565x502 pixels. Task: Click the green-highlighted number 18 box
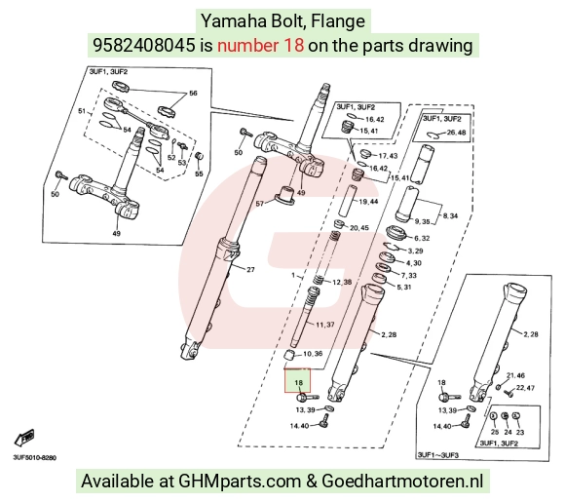tap(297, 380)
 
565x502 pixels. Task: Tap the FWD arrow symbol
tap(24, 439)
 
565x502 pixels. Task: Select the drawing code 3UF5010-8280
tap(35, 458)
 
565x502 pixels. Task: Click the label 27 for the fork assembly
tap(250, 269)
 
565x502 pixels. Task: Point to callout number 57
tap(260, 204)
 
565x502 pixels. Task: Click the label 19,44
tap(368, 201)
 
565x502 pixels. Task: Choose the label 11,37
tap(325, 325)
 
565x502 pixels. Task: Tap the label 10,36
tap(313, 354)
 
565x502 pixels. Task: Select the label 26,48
tap(456, 133)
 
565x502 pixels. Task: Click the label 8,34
tap(450, 215)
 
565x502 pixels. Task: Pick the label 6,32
tap(422, 238)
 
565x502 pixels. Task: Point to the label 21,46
tap(515, 375)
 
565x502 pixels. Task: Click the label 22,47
tap(525, 388)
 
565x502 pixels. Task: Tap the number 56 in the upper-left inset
tap(193, 93)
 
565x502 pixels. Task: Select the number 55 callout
tap(199, 174)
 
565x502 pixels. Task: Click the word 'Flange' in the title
tap(338, 20)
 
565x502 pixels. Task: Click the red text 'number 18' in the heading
tap(260, 46)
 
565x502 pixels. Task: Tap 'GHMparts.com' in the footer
tap(240, 482)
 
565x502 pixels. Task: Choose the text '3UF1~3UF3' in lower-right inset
tap(437, 455)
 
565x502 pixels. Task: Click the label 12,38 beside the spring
tap(342, 282)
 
